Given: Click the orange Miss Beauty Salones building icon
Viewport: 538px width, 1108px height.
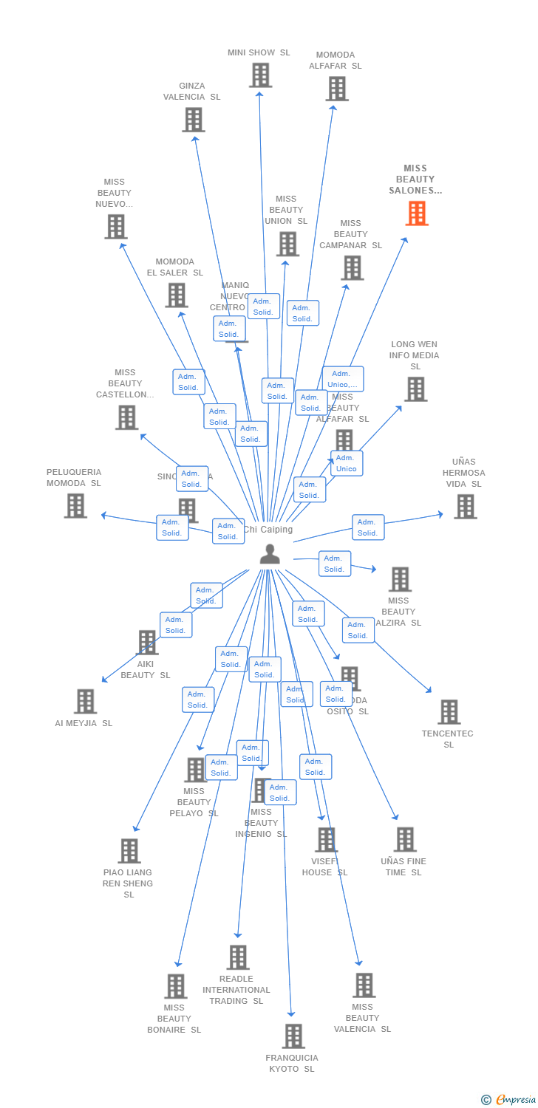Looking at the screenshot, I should pyautogui.click(x=417, y=213).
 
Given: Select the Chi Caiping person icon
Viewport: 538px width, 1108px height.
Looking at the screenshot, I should pyautogui.click(x=270, y=554).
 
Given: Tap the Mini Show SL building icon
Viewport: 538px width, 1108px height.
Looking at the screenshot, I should pyautogui.click(x=260, y=75).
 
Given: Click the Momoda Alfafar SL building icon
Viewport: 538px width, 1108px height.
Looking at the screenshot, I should pyautogui.click(x=336, y=89).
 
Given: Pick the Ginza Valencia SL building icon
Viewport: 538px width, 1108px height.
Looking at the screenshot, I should pyautogui.click(x=193, y=120).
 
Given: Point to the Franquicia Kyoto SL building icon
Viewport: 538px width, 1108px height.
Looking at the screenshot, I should pyautogui.click(x=293, y=1036).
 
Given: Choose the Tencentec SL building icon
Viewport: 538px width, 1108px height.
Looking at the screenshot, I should pyautogui.click(x=449, y=712).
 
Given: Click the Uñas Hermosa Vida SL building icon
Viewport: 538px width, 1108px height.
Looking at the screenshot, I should pyautogui.click(x=465, y=507).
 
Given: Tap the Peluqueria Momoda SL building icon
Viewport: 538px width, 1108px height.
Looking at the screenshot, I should pyautogui.click(x=75, y=506).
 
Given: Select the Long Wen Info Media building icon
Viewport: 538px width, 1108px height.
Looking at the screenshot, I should pyautogui.click(x=415, y=389).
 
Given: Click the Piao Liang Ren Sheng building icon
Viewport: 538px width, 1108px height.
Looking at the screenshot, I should pyautogui.click(x=129, y=851).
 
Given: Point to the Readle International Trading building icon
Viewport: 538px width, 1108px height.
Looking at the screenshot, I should pyautogui.click(x=237, y=957).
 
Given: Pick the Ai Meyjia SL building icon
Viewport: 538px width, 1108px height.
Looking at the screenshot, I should pyautogui.click(x=85, y=702).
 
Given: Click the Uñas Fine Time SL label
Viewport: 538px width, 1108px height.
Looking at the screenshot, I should pyautogui.click(x=403, y=866).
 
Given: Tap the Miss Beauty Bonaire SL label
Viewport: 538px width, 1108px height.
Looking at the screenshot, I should pyautogui.click(x=174, y=1019).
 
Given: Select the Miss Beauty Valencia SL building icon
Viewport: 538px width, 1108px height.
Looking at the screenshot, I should pyautogui.click(x=364, y=985).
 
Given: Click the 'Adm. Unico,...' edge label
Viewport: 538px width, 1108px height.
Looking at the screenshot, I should pyautogui.click(x=343, y=379).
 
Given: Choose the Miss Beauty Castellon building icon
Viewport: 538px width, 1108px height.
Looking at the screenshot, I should pyautogui.click(x=126, y=417).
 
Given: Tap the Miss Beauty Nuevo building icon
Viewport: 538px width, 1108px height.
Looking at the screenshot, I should pyautogui.click(x=115, y=227).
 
